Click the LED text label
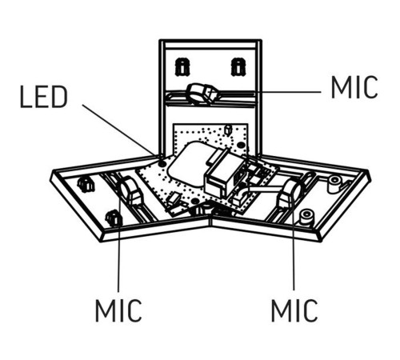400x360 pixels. point(44,97)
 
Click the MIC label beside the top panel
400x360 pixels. point(354,87)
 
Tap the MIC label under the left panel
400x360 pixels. point(118,310)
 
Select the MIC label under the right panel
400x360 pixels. point(294,310)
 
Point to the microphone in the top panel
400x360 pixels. point(203,94)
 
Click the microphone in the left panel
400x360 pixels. point(130,190)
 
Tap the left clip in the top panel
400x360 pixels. point(182,66)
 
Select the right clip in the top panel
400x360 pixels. point(238,66)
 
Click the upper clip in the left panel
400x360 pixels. point(86,185)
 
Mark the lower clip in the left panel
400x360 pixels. point(114,218)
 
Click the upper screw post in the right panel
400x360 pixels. point(335,184)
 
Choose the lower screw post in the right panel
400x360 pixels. point(306,217)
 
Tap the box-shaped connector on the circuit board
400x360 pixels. point(223,174)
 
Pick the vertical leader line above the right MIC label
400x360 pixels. point(293,240)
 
